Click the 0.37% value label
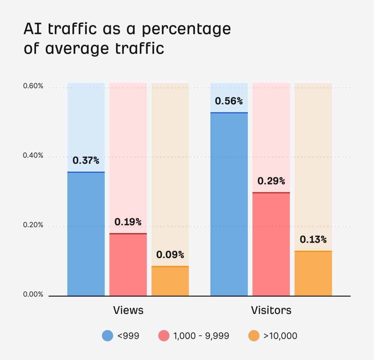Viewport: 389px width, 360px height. (86, 160)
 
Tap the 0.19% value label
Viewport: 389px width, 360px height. (128, 222)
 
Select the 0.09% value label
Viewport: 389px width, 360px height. (170, 255)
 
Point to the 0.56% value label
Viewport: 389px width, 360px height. (229, 101)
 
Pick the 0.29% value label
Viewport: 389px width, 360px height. (271, 181)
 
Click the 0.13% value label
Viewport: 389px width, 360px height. (313, 240)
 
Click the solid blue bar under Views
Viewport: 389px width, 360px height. (86, 234)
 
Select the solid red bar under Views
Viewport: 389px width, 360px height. (128, 265)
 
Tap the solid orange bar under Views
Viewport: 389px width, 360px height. (170, 281)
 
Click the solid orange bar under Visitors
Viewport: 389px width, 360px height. (313, 274)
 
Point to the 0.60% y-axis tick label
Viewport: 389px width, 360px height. (33, 86)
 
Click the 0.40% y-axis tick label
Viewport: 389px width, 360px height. (33, 156)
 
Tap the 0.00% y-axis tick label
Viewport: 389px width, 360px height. (33, 294)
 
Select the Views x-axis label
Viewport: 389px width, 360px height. (128, 310)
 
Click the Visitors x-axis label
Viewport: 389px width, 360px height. (271, 310)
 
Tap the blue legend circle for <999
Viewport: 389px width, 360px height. (108, 336)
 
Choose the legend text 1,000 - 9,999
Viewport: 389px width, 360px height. (201, 336)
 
